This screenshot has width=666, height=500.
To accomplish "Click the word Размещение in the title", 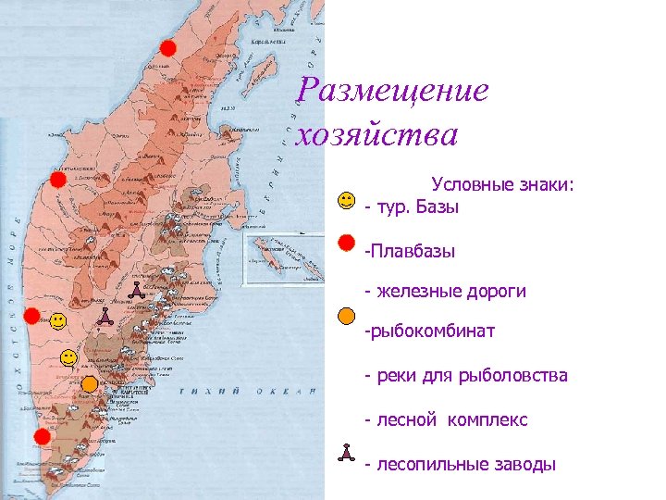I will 393,91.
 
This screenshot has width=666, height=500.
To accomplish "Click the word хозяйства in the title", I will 376,135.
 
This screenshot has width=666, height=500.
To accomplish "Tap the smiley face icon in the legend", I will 346,199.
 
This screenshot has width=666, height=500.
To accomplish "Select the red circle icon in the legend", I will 346,243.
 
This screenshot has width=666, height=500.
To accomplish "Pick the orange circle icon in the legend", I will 346,316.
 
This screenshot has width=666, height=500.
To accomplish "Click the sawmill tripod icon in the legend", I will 346,453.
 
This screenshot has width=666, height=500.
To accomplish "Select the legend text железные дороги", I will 445,292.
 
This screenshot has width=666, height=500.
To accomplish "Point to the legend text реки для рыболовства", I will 466,376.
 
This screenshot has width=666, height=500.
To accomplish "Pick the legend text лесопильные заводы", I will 461,464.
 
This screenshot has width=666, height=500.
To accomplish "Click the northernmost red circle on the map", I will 167,48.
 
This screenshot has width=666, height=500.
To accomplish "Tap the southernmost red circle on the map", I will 43,437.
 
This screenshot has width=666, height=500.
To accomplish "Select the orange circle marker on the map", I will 90,383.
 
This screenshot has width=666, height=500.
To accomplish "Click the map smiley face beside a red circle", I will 58,321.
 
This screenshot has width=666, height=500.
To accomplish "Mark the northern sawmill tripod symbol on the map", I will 135,289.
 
